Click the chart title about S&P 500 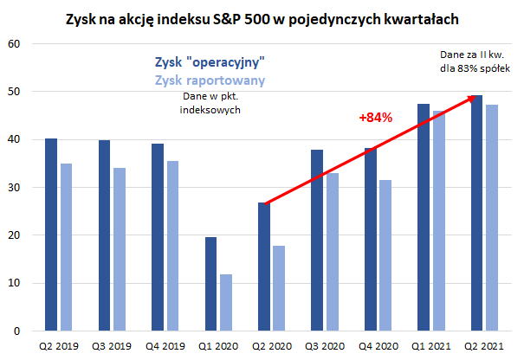point(262,17)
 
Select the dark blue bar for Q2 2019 point(51,235)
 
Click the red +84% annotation point(376,116)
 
